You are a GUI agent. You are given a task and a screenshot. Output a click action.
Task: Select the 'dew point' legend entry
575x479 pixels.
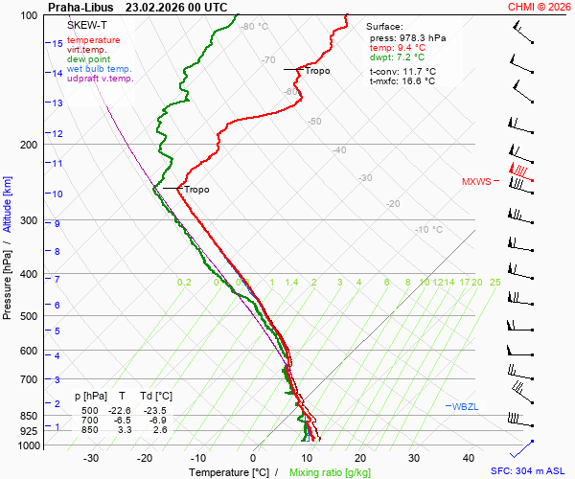pos(89,59)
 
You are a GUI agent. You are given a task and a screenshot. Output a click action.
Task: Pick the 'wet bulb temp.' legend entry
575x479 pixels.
pos(100,69)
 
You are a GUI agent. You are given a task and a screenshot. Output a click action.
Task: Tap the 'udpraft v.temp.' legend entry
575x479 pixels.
pos(101,79)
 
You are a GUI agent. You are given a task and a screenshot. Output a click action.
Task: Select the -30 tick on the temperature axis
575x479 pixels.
pos(92,458)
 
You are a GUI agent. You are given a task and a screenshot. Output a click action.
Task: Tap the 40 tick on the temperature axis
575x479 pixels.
pos(468,458)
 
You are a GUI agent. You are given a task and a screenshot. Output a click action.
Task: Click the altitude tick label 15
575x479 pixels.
pos(57,44)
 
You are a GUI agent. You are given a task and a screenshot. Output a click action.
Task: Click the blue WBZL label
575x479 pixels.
pos(466,407)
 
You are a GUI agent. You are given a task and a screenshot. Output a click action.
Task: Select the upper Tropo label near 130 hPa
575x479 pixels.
pos(317,71)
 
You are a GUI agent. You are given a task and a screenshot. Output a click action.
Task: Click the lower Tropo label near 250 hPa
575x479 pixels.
pos(196,190)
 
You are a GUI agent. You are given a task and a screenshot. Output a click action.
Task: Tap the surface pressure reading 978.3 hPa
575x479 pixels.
pos(422,37)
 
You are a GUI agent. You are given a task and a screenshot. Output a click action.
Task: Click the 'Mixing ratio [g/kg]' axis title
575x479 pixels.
pos(330,472)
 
